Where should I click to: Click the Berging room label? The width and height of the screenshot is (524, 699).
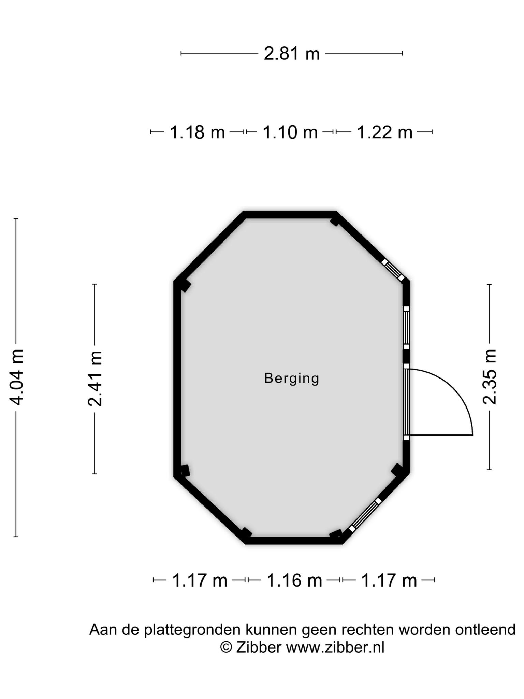click(x=292, y=379)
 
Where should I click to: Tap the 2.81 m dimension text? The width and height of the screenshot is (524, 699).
click(x=292, y=54)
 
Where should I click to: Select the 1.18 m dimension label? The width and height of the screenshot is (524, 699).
click(x=197, y=132)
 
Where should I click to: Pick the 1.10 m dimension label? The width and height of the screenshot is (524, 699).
click(x=290, y=132)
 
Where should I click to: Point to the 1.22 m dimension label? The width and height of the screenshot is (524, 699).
click(x=384, y=132)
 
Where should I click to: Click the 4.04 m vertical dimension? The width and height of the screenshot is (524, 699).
click(x=16, y=377)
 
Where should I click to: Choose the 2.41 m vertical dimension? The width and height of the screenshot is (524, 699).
click(x=95, y=379)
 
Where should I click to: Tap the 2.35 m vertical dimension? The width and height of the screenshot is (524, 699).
click(x=490, y=377)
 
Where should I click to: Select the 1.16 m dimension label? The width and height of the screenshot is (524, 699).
click(x=294, y=581)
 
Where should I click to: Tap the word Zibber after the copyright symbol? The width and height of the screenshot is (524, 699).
click(x=259, y=647)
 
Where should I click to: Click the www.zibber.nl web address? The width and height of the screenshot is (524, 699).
click(x=335, y=647)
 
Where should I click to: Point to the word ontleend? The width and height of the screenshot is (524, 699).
click(x=485, y=630)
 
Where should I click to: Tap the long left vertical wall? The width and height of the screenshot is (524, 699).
click(x=177, y=379)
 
